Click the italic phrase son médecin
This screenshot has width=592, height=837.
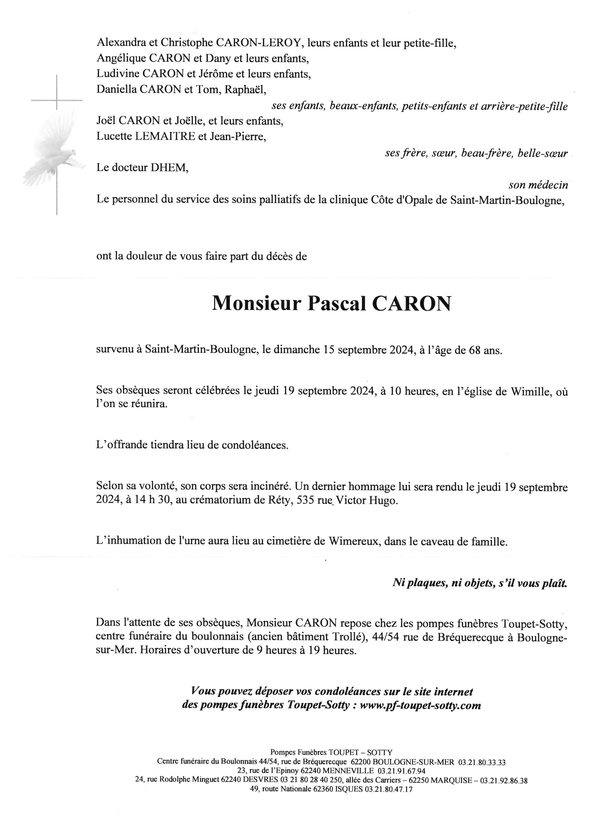pos(538,185)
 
